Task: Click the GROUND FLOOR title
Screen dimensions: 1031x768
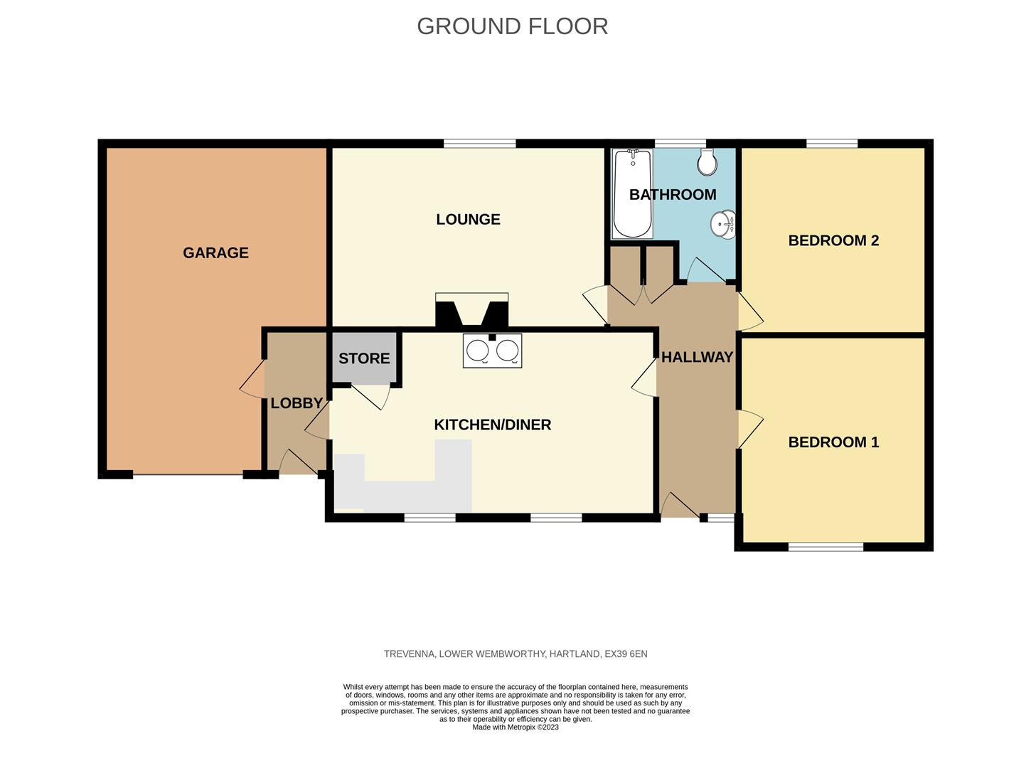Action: coord(512,26)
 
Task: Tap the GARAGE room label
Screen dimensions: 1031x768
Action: coord(215,253)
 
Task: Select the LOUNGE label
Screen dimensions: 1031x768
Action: coord(468,220)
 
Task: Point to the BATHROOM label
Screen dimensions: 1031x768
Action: coord(673,195)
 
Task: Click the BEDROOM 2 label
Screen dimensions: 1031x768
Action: coord(833,241)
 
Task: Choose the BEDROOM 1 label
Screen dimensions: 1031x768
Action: coord(833,442)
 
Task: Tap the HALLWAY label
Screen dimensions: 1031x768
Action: coord(697,357)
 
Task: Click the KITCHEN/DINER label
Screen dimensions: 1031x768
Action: coord(492,425)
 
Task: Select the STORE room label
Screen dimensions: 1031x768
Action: coord(364,358)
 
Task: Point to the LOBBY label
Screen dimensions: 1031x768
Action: coord(297,403)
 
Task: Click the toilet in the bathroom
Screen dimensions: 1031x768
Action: coord(707,162)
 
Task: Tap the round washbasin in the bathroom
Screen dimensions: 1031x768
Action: coord(723,225)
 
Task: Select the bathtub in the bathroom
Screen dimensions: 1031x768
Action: coord(633,193)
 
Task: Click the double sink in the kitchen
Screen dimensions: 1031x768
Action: coord(492,351)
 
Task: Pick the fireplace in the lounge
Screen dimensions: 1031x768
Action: coord(472,310)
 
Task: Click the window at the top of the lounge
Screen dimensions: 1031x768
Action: coord(480,144)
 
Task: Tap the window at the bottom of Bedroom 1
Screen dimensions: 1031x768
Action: coord(826,547)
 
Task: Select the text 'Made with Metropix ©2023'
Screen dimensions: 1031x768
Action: coord(515,727)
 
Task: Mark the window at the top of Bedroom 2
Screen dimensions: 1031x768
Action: coord(832,144)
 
